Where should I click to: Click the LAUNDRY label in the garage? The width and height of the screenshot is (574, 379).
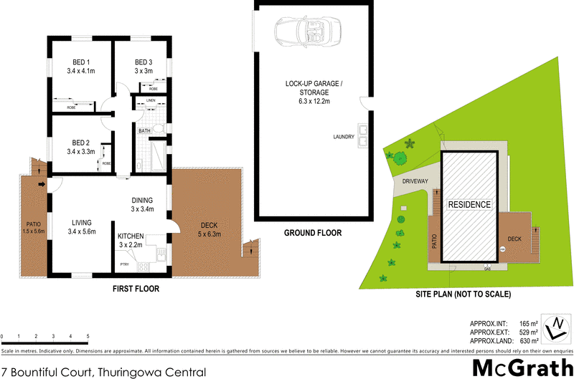344,137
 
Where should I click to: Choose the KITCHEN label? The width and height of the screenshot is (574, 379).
131,236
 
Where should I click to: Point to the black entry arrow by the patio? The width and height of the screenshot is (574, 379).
42,187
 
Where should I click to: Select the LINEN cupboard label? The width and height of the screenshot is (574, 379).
151,100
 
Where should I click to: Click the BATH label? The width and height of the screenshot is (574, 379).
144,130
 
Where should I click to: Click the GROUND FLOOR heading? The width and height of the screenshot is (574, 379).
313,233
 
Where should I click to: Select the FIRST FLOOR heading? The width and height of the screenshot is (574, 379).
136,289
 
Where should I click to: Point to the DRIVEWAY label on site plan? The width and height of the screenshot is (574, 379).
415,181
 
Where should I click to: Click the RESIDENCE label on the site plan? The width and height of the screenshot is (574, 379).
470,204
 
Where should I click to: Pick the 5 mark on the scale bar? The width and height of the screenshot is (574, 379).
88,335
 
